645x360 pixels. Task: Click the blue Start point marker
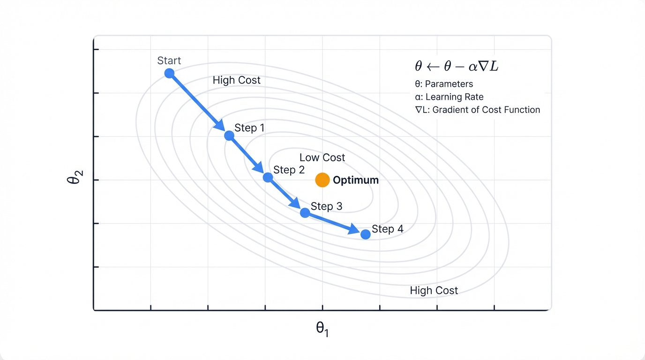[x=169, y=73]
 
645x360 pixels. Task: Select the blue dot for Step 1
[x=229, y=135]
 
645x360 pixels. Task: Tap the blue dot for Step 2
[x=268, y=177]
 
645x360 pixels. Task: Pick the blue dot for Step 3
[x=305, y=212]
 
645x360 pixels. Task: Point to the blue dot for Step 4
[x=366, y=234]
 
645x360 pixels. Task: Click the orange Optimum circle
[x=322, y=180]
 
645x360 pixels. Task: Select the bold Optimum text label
[x=355, y=180]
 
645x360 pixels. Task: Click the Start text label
[x=169, y=60]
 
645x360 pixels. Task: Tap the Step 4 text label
[x=387, y=229]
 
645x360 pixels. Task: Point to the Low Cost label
[x=322, y=157]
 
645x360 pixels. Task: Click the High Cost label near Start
[x=236, y=80]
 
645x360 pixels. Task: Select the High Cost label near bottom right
[x=434, y=291]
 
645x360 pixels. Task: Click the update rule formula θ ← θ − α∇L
[x=457, y=67]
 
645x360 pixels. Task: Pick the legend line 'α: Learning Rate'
[x=450, y=97]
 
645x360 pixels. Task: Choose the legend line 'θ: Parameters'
[x=444, y=84]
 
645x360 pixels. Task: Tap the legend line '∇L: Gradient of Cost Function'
[x=474, y=110]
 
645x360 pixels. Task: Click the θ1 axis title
[x=322, y=329]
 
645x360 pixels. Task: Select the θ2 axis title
[x=76, y=180]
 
